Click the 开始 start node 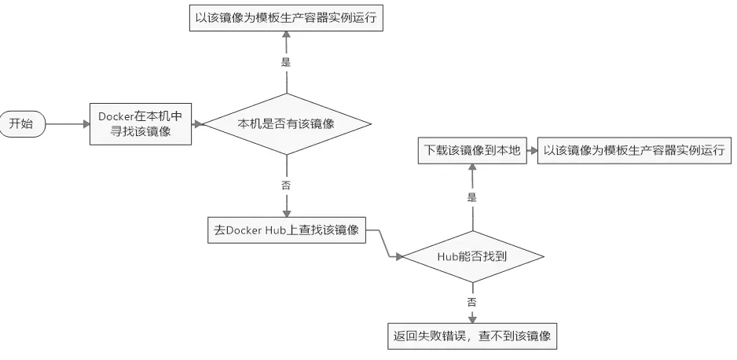[x=21, y=123]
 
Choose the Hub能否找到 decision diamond [x=471, y=256]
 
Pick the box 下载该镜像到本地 [x=472, y=151]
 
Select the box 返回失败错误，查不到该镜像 [x=472, y=336]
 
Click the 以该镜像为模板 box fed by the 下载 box [x=633, y=151]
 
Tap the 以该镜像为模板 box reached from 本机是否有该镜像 [x=287, y=19]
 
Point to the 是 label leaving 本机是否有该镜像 [x=286, y=62]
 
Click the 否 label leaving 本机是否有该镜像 [x=286, y=186]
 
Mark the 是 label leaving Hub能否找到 [x=472, y=197]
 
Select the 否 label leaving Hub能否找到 [x=472, y=300]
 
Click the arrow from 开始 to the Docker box [x=67, y=123]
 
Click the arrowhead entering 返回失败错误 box [x=472, y=319]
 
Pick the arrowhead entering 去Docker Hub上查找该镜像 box [x=286, y=213]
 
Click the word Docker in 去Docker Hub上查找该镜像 [x=244, y=230]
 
